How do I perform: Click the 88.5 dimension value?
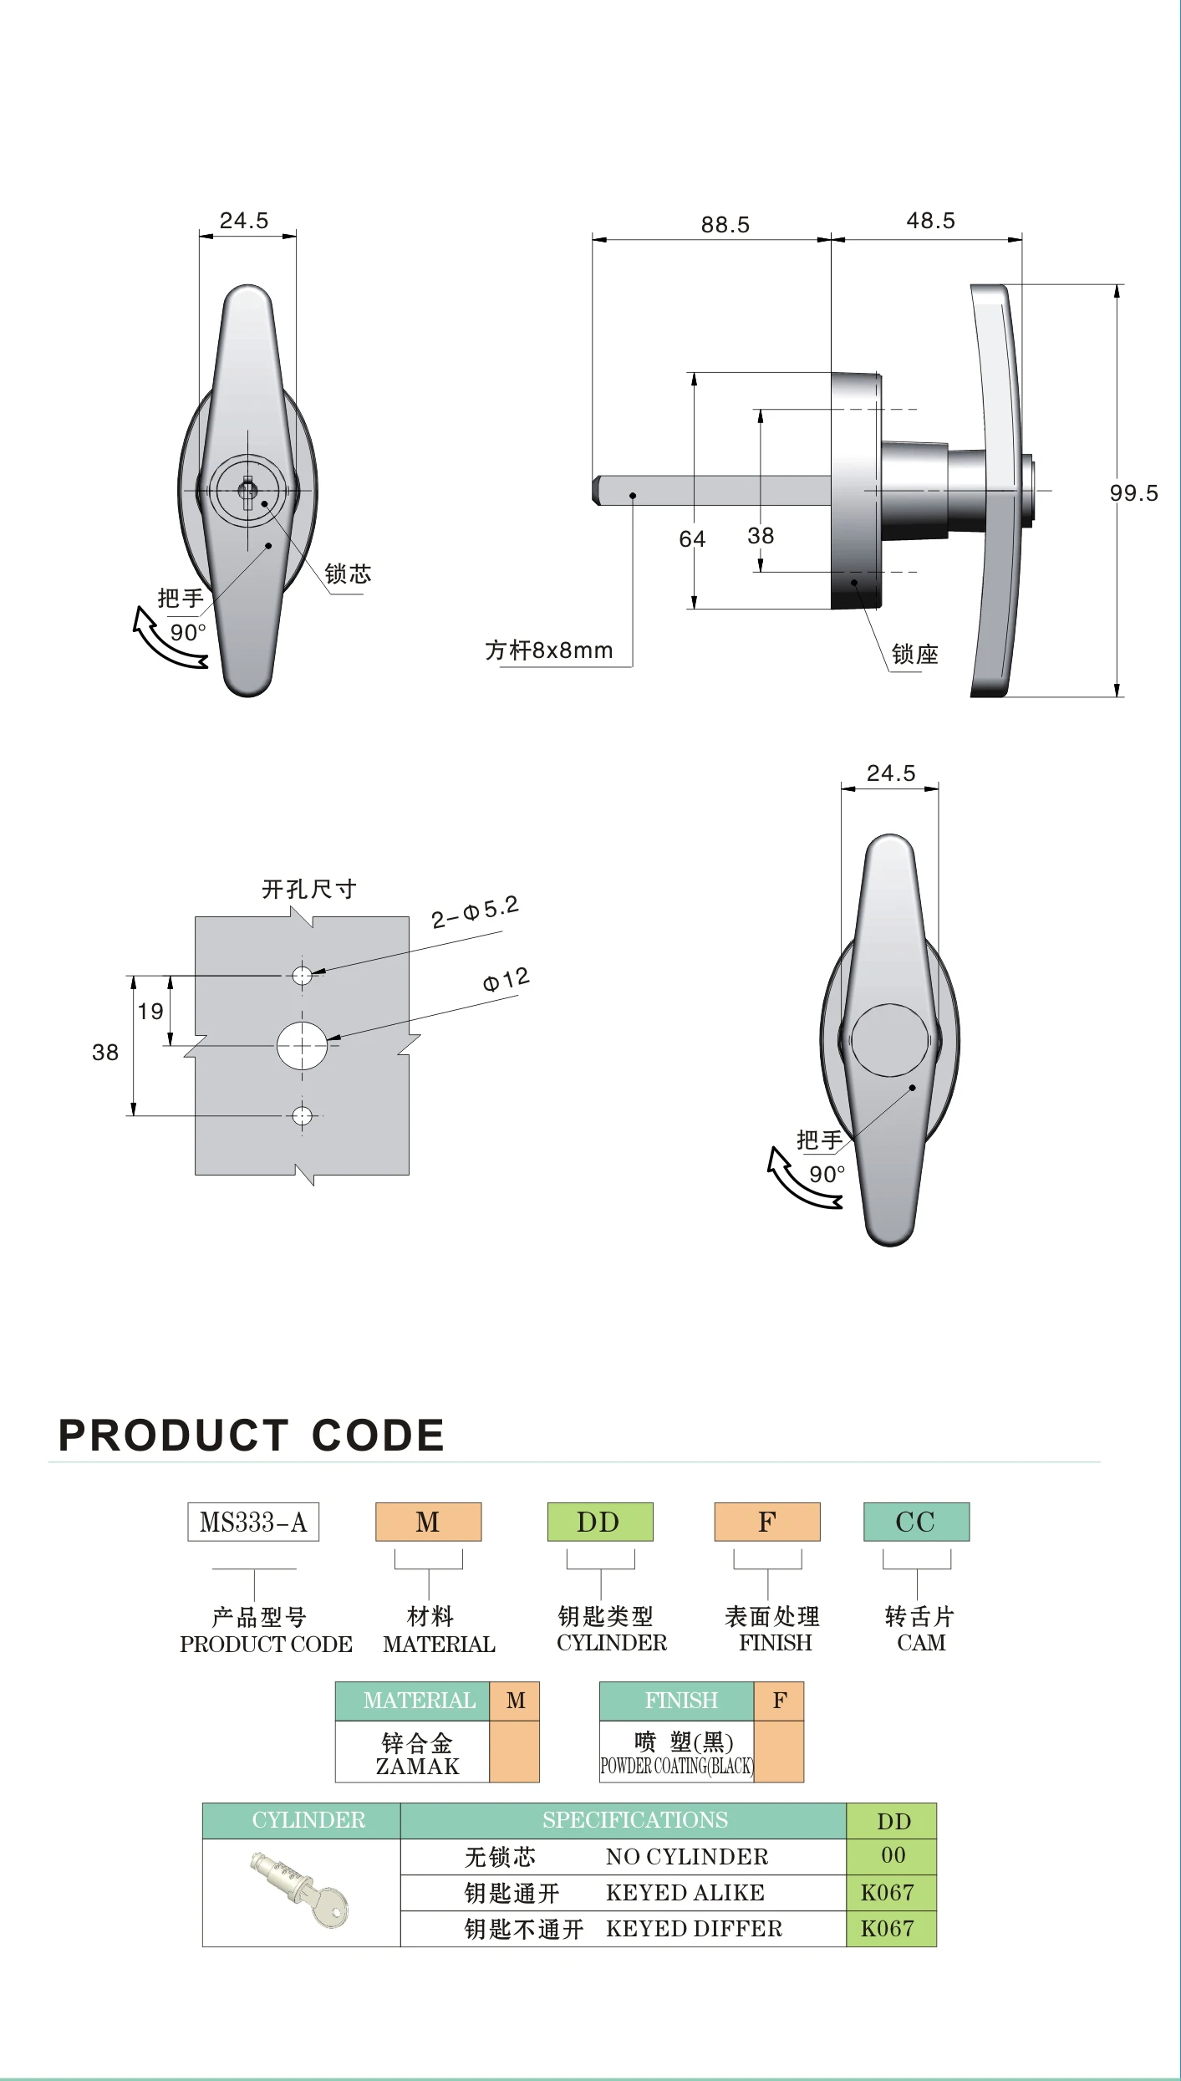point(725,225)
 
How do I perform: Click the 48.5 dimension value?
point(930,221)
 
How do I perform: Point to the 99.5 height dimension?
point(1133,493)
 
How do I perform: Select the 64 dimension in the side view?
point(692,539)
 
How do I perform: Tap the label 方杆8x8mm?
point(549,650)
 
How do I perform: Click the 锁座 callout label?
point(914,655)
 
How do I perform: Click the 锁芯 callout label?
point(348,574)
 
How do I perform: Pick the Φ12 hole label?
point(506,979)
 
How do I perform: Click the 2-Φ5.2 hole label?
point(475,912)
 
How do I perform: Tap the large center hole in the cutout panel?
point(302,1045)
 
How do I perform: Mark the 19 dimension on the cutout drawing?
point(150,1012)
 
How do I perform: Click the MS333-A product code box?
point(253,1522)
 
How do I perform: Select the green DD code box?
point(599,1522)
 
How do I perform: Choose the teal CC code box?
point(916,1522)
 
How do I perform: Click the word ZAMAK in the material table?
point(417,1767)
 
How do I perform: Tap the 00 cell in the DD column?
point(893,1855)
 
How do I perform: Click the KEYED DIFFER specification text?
point(694,1928)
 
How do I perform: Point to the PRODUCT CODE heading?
point(251,1436)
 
